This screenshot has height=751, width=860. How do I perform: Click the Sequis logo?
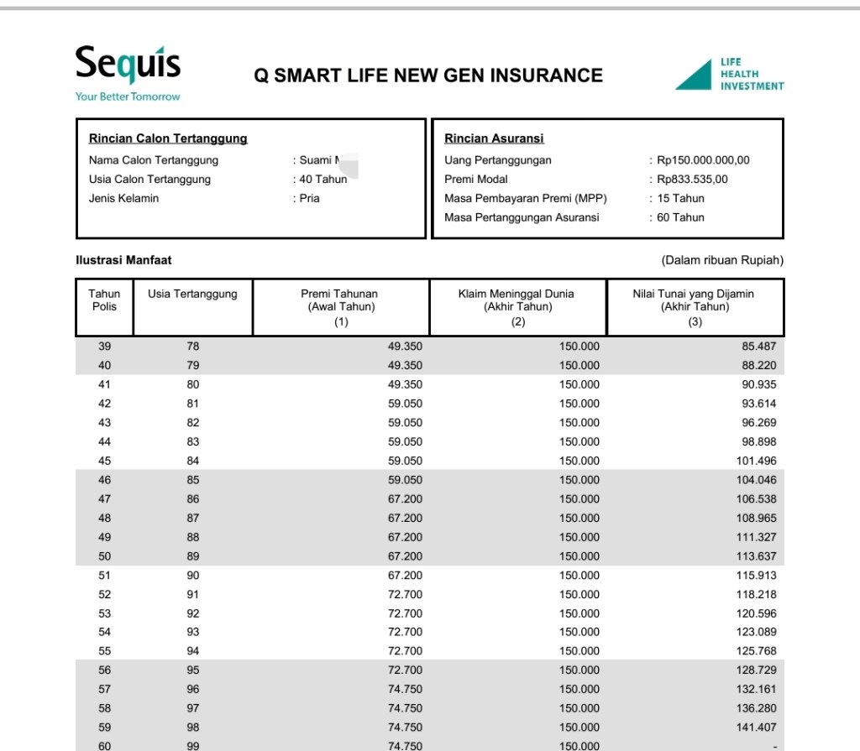click(x=128, y=64)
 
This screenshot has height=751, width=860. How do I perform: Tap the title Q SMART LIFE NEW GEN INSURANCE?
click(x=428, y=76)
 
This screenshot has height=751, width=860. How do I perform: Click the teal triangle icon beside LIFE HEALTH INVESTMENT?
click(x=695, y=75)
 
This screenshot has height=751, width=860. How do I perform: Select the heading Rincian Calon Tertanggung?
click(x=168, y=138)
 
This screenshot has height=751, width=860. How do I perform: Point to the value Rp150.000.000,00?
click(x=703, y=160)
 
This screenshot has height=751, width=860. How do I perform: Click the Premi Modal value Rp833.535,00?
click(x=692, y=179)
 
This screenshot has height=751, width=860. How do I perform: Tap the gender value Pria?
click(x=310, y=198)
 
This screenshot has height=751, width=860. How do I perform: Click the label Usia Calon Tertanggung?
click(x=149, y=179)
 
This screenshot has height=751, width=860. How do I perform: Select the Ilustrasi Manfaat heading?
click(x=123, y=260)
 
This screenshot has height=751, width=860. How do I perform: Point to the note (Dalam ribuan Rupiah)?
click(x=722, y=260)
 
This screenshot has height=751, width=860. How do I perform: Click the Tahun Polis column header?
click(x=105, y=300)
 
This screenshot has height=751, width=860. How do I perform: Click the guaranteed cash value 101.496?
click(x=755, y=461)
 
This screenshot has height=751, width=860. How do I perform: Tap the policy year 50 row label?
click(x=105, y=556)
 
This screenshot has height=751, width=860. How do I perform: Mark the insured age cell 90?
click(x=193, y=576)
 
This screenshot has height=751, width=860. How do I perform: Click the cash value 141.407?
click(x=755, y=728)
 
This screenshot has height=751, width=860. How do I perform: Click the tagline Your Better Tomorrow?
click(x=128, y=96)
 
